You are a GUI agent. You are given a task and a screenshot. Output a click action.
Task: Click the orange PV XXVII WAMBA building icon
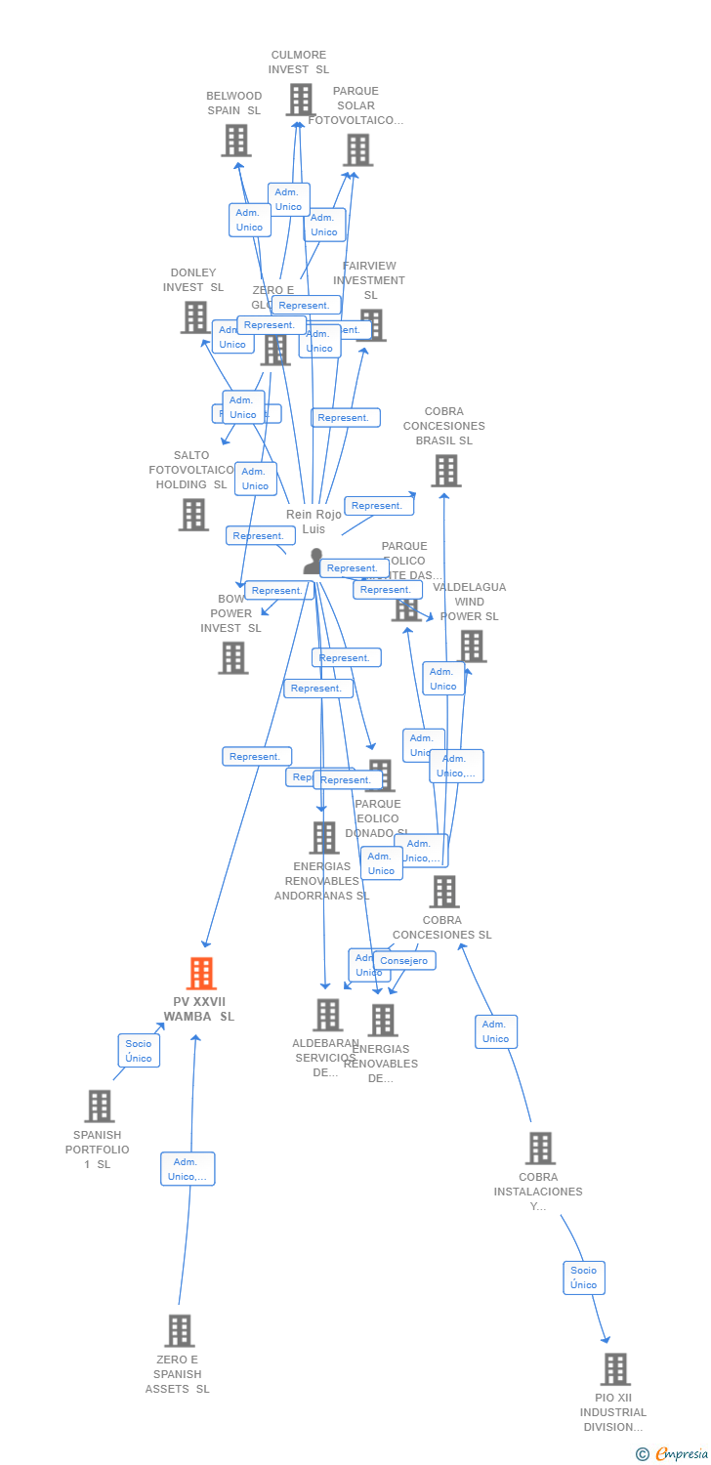[x=201, y=974]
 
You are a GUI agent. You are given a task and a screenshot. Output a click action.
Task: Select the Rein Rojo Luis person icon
[x=314, y=562]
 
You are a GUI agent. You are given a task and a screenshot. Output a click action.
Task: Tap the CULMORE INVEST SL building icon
[x=300, y=100]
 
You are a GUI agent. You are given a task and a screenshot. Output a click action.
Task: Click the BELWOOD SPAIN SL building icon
[x=235, y=141]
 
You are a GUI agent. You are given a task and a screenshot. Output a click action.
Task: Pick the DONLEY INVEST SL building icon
[x=194, y=317]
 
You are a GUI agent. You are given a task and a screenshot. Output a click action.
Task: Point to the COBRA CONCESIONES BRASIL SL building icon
[x=445, y=471]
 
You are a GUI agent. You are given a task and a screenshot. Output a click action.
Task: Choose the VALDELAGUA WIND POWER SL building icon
[x=472, y=646]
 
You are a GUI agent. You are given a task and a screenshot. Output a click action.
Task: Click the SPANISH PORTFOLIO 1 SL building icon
[x=99, y=1107]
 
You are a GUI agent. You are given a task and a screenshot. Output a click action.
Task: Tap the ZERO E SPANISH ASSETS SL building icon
[x=179, y=1330]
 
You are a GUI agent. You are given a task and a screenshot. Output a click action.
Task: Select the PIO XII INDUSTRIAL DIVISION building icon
[x=614, y=1369]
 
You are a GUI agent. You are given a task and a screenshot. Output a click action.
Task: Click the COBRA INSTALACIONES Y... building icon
[x=540, y=1149]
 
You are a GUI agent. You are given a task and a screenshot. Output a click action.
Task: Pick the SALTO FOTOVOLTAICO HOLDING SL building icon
[x=193, y=515]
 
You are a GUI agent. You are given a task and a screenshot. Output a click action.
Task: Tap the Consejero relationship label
[x=404, y=961]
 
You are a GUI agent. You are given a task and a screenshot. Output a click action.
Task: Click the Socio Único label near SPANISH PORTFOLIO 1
[x=139, y=1051]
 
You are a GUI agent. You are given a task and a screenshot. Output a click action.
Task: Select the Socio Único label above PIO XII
[x=584, y=1277]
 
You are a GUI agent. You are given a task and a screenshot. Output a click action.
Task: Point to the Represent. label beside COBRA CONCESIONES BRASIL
[x=378, y=506]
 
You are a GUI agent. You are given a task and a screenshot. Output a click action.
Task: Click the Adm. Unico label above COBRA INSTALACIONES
[x=495, y=1031]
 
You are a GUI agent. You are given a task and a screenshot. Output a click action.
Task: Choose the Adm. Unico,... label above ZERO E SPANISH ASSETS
[x=188, y=1169]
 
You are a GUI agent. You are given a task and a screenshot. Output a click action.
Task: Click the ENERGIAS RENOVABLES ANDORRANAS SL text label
[x=321, y=881]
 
